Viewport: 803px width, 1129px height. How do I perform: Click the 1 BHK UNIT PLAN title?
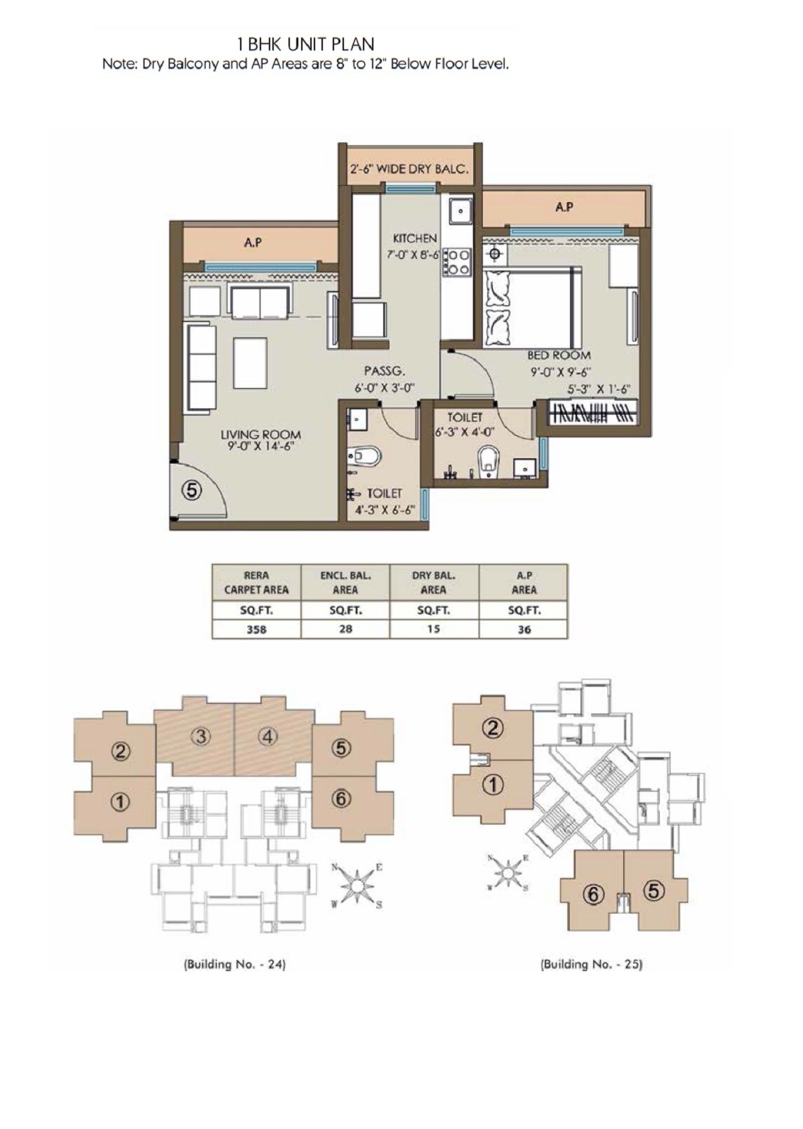point(306,45)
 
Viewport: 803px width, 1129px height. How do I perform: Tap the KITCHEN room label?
point(414,239)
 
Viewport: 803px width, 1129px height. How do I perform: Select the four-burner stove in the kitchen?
point(456,262)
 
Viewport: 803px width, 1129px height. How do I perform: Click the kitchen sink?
point(460,210)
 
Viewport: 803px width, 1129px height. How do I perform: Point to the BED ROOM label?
point(559,356)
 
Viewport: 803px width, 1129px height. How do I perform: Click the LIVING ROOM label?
point(260,435)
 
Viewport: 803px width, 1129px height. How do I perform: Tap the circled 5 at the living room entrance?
point(192,490)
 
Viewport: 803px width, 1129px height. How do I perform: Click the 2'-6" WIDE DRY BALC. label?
point(409,169)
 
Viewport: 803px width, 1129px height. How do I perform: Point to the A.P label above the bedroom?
point(564,207)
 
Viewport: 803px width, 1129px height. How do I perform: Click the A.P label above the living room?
point(253,243)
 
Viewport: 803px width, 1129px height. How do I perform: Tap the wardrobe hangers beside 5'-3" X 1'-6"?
point(594,412)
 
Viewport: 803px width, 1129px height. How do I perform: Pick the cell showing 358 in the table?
point(256,629)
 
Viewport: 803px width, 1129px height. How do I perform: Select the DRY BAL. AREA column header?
point(434,582)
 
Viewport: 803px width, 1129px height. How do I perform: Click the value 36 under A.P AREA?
point(524,629)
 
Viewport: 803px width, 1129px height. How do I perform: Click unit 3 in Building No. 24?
point(201,736)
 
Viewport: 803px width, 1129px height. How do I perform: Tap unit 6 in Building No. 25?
point(593,894)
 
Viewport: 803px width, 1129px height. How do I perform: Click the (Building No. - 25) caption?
point(591,964)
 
